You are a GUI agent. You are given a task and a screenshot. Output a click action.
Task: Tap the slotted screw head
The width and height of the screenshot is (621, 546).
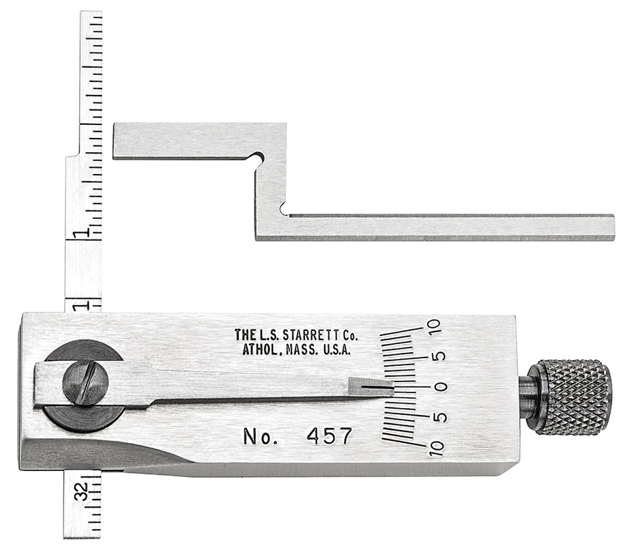click(85, 384)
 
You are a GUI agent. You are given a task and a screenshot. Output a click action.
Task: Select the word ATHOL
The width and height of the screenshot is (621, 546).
click(262, 350)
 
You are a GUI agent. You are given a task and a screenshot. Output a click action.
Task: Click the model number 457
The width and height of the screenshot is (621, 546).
click(330, 435)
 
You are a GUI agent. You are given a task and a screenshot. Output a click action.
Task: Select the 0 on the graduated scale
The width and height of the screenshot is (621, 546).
click(442, 387)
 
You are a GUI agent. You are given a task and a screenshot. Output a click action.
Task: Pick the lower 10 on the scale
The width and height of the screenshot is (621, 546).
click(435, 448)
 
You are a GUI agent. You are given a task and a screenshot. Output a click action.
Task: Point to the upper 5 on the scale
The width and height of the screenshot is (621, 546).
click(441, 356)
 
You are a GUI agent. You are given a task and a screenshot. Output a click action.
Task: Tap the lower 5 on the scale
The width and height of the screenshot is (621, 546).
click(441, 417)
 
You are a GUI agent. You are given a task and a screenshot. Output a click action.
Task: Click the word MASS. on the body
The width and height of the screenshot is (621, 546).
click(298, 350)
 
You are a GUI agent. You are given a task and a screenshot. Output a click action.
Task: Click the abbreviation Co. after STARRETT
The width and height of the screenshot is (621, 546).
click(348, 335)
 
